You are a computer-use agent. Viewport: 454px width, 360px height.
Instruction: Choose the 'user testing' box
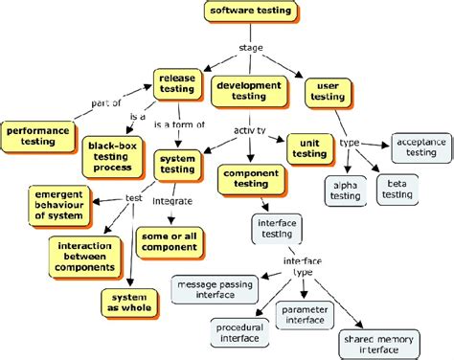(x=325, y=93)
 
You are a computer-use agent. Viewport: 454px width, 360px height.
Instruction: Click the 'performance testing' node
(x=39, y=134)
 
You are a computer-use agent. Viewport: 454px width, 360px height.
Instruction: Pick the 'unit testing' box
(x=308, y=147)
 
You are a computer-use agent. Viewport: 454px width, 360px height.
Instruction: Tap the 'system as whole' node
(x=130, y=303)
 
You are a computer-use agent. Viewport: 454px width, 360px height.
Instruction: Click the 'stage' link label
(x=251, y=48)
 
